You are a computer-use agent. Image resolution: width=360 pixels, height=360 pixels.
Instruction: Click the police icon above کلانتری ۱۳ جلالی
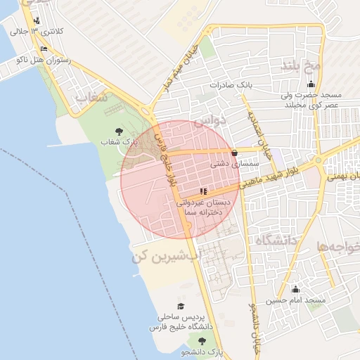pos(36,20)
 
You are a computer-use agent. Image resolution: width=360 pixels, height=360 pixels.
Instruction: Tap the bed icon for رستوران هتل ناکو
pos(44,49)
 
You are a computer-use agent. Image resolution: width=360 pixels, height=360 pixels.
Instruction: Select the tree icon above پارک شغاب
pos(117,131)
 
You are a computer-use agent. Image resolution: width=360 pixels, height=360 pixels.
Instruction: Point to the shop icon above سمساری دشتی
pos(235,152)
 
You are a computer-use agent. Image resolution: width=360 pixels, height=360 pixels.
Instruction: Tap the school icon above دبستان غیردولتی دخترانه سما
pos(203,191)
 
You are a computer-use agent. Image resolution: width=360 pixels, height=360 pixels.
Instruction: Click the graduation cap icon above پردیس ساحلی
pos(181,307)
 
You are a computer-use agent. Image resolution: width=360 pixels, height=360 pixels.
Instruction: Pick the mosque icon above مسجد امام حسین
pos(295,290)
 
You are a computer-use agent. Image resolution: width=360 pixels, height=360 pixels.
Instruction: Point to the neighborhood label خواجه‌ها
pos(338,247)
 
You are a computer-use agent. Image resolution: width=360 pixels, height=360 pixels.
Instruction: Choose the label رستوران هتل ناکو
pos(44,61)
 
